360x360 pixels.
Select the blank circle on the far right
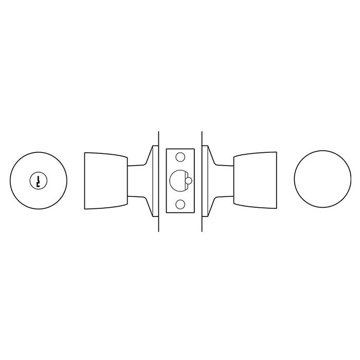[322, 180]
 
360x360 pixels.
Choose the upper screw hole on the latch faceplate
[180, 156]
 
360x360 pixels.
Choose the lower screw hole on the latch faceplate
[180, 205]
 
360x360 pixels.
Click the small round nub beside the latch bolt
[189, 181]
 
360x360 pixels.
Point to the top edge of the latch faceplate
[180, 149]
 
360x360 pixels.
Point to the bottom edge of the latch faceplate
[180, 212]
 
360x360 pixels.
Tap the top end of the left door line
[158, 129]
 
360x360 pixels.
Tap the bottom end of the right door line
[202, 230]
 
